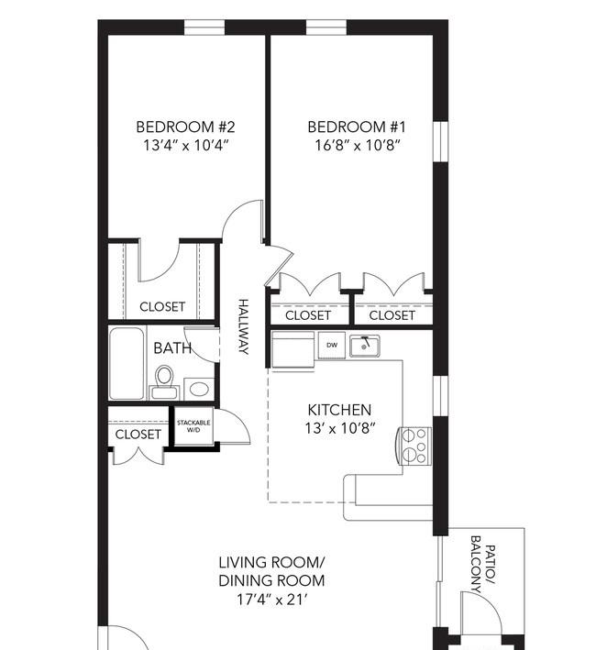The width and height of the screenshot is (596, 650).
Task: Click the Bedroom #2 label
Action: click(186, 127)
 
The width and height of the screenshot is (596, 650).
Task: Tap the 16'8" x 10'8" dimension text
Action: click(358, 146)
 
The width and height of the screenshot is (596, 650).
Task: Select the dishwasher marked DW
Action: click(332, 345)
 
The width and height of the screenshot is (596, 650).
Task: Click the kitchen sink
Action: click(364, 346)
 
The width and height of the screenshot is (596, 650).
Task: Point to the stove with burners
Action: click(414, 446)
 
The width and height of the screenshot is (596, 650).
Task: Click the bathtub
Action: click(127, 363)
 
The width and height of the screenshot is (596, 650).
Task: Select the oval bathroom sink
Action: click(199, 389)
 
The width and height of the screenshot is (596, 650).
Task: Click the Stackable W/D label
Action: click(193, 426)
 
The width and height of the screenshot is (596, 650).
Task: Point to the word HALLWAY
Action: click(244, 326)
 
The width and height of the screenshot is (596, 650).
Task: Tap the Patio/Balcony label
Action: click(483, 565)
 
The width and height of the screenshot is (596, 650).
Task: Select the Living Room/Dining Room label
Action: click(271, 572)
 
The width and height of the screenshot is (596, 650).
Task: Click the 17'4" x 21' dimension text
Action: click(272, 600)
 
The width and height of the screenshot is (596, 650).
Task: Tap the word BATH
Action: click(172, 348)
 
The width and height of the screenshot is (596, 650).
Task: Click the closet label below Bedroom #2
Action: click(162, 307)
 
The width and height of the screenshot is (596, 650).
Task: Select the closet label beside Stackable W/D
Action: click(138, 435)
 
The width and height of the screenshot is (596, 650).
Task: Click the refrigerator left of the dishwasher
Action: click(292, 349)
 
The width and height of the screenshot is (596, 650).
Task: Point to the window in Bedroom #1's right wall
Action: click(440, 141)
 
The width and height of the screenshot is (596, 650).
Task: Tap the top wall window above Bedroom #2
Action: click(204, 28)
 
